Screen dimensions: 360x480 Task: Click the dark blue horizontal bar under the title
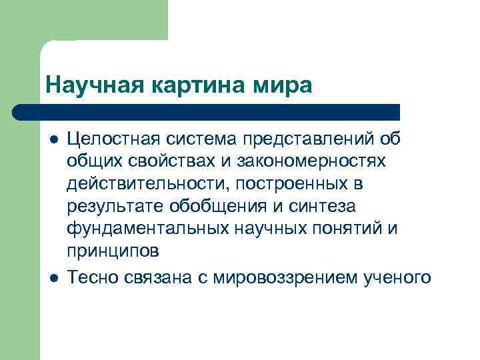click(207, 112)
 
